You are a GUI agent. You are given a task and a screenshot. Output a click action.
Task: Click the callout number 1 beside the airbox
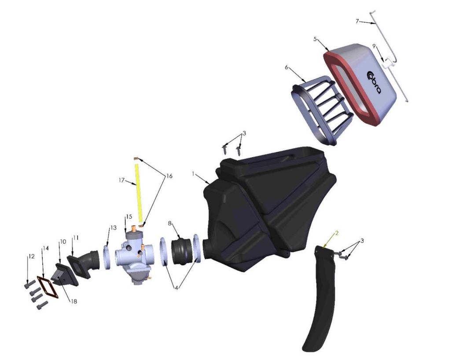(193, 174)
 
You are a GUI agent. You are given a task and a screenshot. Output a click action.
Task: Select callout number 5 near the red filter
(315, 39)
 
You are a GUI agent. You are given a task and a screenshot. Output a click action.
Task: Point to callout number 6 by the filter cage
(286, 67)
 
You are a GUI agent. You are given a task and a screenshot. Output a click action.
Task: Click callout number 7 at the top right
(357, 21)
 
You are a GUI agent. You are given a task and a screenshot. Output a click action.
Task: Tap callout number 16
(169, 176)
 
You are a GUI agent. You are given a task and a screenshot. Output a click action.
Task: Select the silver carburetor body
(132, 255)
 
